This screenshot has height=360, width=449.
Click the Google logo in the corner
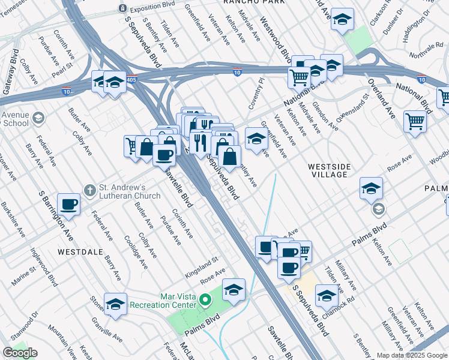(x=20, y=353)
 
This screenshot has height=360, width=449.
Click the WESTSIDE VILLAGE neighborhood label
(x=328, y=170)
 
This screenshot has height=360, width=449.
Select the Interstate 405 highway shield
(x=131, y=79)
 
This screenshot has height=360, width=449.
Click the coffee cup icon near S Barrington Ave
(x=69, y=205)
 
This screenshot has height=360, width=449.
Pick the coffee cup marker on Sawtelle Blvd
(x=164, y=155)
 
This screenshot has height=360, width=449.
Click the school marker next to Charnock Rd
(x=327, y=295)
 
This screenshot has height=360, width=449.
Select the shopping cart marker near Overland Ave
(x=415, y=122)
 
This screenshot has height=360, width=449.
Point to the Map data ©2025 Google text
(x=411, y=355)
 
